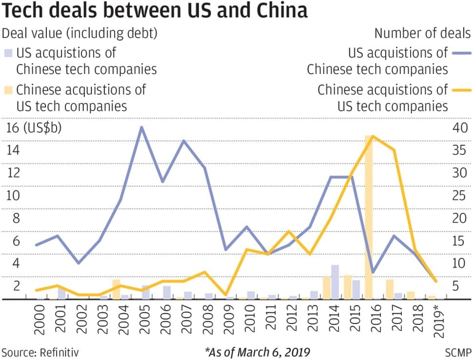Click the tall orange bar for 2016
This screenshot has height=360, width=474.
click(x=369, y=217)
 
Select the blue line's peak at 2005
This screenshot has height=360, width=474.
click(x=142, y=127)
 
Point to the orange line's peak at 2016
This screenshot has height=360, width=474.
click(x=373, y=137)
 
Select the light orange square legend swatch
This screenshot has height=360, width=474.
click(x=8, y=89)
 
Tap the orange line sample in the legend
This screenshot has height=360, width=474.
click(x=461, y=89)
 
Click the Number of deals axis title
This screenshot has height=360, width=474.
click(x=423, y=33)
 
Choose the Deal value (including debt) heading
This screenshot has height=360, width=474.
click(x=80, y=33)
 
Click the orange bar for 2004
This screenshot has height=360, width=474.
click(x=117, y=289)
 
